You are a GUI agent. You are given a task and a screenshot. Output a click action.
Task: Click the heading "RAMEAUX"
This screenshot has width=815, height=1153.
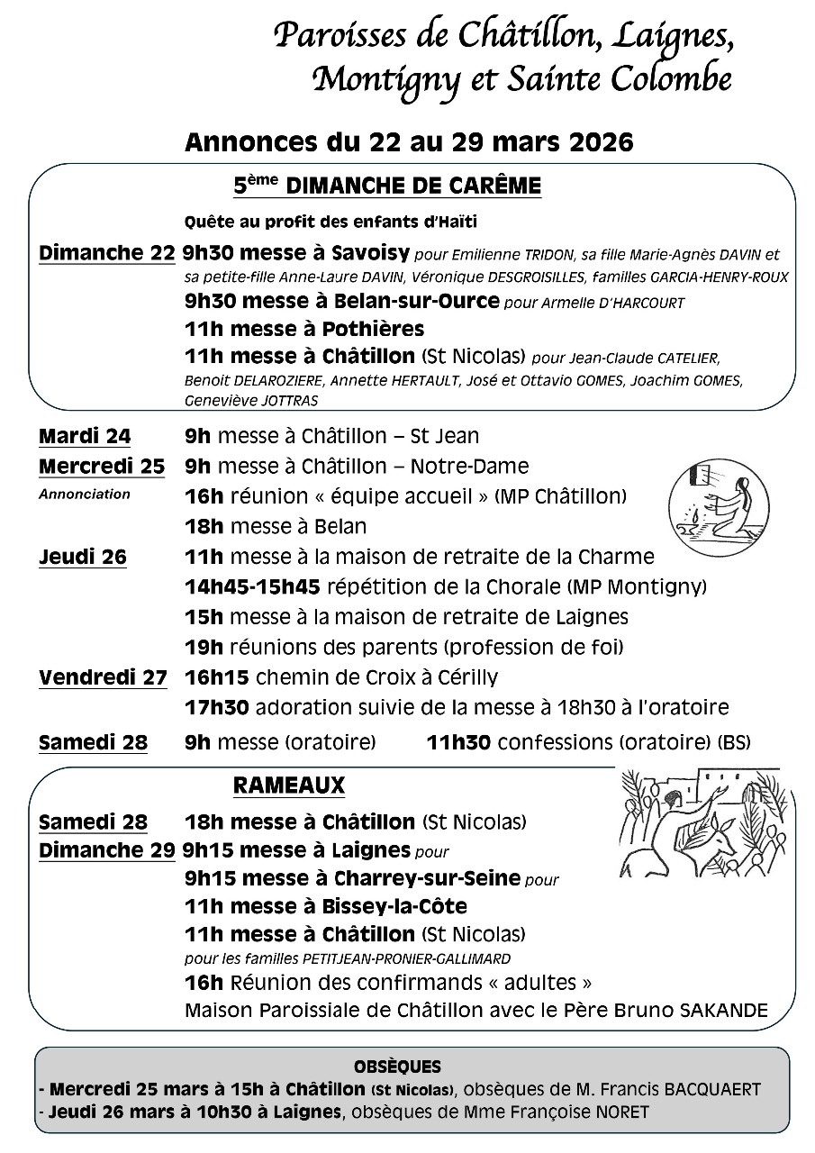[288, 785]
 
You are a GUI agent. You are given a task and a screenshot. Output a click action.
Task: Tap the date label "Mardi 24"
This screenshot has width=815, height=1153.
[85, 437]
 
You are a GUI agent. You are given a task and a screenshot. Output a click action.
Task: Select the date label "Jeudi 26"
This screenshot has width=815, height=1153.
[83, 558]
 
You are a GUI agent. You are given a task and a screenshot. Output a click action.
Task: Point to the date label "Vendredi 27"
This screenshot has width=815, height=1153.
[103, 678]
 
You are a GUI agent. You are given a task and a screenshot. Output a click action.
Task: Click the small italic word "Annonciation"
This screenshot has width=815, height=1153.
[84, 494]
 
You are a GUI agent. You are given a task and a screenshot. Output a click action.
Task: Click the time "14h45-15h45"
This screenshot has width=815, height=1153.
[252, 587]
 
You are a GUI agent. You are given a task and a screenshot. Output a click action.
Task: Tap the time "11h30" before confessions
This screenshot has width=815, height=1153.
[458, 743]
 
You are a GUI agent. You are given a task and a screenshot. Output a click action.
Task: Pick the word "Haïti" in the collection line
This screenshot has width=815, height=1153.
[455, 221]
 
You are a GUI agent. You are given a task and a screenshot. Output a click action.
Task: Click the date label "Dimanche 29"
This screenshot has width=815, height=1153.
[106, 850]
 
